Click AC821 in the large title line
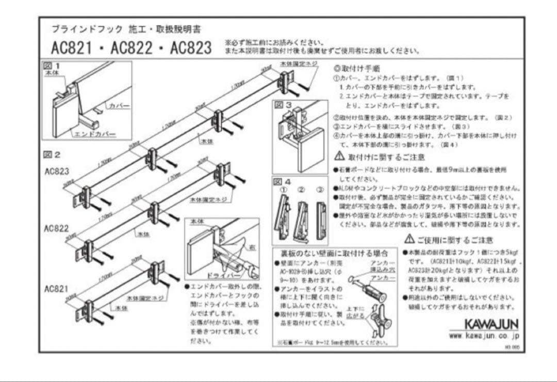(x=72, y=48)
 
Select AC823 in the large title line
(x=191, y=48)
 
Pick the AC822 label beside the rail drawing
(x=56, y=228)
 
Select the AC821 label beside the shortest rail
(x=56, y=288)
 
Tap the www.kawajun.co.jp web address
(x=484, y=336)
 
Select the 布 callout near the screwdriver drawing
(x=251, y=246)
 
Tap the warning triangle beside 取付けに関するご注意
(x=339, y=156)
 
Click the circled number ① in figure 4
(x=283, y=189)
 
